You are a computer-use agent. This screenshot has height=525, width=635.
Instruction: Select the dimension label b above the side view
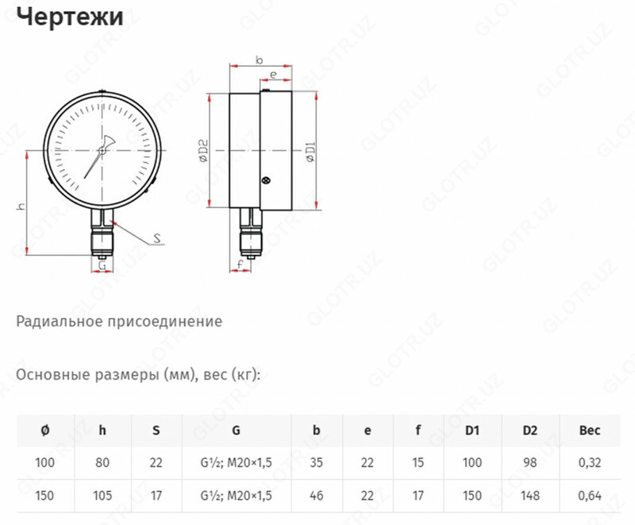[260, 59]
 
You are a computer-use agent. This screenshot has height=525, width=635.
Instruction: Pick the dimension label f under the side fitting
[239, 263]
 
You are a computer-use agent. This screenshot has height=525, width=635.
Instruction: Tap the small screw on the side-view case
[265, 180]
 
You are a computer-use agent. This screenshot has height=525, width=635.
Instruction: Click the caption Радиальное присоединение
[119, 322]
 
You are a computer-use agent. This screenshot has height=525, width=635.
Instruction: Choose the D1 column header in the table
[473, 430]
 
